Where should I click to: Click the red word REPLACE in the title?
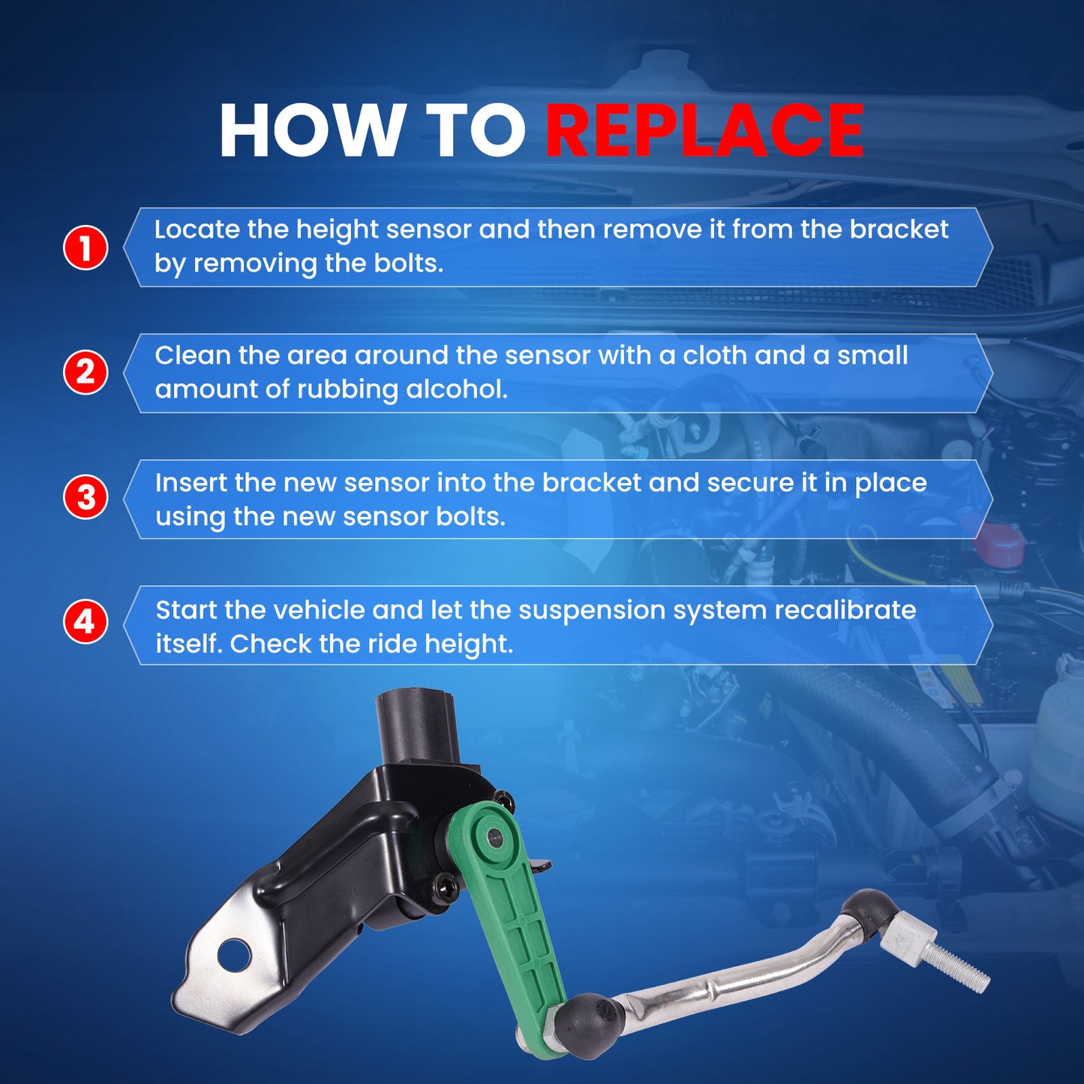tap(704, 131)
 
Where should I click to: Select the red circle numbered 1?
tap(86, 248)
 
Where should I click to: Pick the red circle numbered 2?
tap(86, 372)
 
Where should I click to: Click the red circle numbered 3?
tap(86, 498)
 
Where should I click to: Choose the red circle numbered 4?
tap(86, 622)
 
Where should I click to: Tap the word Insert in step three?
tap(191, 482)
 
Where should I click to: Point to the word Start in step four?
tap(185, 611)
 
